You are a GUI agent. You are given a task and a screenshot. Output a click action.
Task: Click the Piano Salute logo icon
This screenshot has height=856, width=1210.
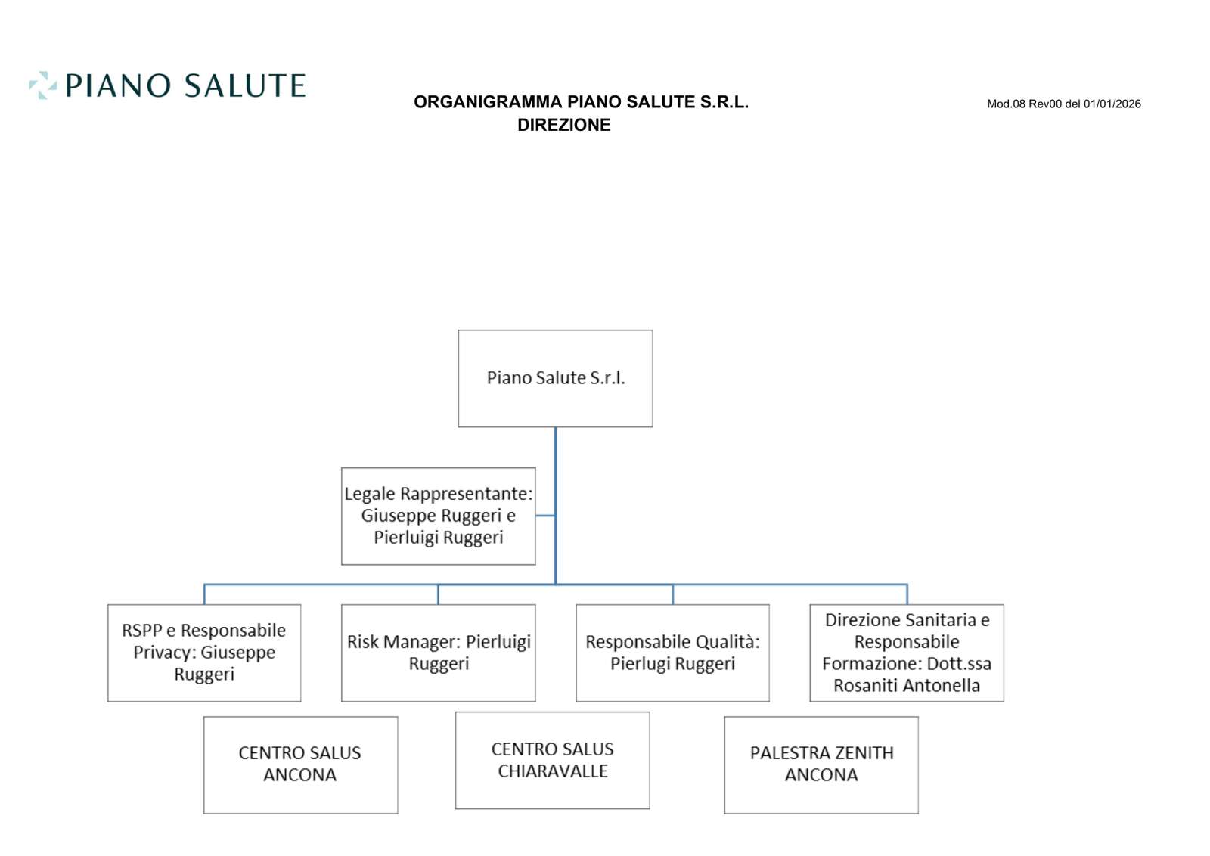(x=42, y=85)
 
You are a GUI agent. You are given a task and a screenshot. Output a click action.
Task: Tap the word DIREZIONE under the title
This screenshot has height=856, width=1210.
(x=563, y=126)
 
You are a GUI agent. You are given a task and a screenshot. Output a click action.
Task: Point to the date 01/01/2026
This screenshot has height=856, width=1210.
(x=1112, y=104)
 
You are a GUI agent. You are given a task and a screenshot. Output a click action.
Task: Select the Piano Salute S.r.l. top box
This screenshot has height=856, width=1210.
(x=555, y=378)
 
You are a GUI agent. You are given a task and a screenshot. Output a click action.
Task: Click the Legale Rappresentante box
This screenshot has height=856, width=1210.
(x=438, y=516)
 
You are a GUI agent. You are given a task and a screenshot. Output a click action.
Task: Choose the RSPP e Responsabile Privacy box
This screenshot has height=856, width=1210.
(x=204, y=653)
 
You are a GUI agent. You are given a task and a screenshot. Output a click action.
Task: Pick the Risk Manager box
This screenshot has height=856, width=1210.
(x=438, y=653)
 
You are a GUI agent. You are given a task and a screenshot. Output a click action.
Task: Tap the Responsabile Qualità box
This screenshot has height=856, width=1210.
(x=672, y=653)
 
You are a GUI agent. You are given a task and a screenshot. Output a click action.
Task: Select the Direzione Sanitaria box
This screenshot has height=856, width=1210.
(x=906, y=653)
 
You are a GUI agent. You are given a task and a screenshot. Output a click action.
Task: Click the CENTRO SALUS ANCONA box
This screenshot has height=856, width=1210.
(x=300, y=765)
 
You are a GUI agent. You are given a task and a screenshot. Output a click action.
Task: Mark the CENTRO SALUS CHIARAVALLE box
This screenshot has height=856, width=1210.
(x=552, y=760)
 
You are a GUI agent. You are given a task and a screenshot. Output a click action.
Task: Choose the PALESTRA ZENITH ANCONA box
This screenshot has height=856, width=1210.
(x=821, y=765)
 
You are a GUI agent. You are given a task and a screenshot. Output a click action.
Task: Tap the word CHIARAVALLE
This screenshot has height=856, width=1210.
(x=553, y=771)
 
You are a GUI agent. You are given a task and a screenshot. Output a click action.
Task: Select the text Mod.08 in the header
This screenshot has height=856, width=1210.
(x=1006, y=104)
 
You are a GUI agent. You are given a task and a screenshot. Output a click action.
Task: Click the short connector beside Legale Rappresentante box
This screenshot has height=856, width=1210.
(x=545, y=516)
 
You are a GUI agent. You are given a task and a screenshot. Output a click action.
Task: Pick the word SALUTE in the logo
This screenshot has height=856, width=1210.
(x=244, y=85)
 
